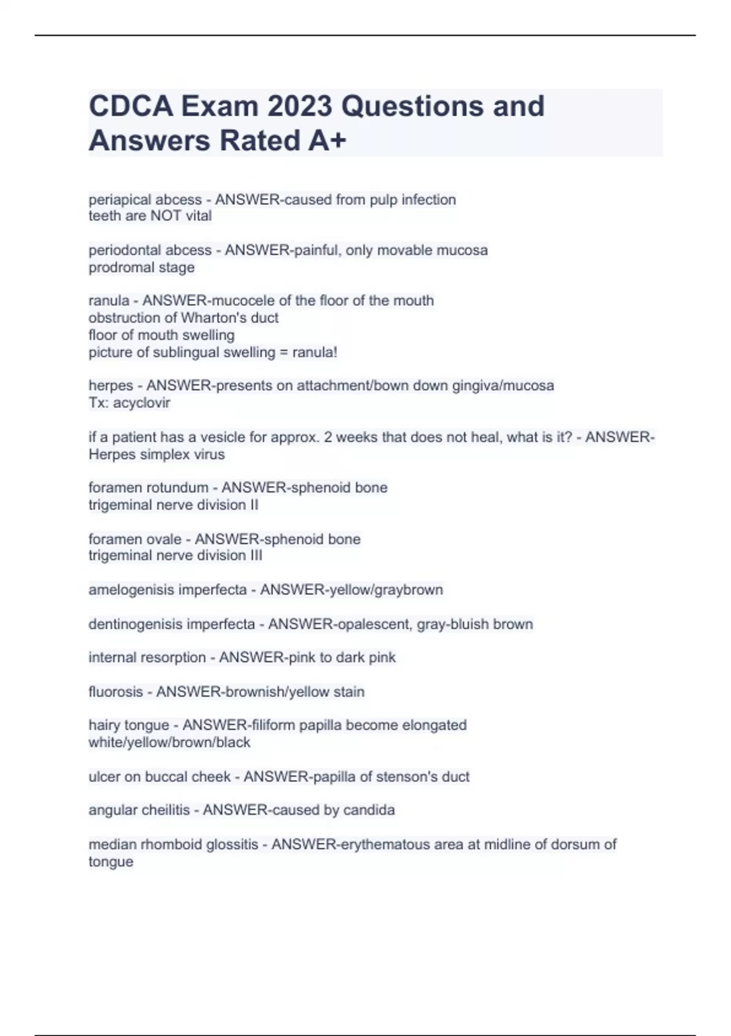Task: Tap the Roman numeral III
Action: pyautogui.click(x=256, y=556)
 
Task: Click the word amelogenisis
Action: pyautogui.click(x=128, y=590)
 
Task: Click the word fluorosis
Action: pyautogui.click(x=115, y=692)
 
